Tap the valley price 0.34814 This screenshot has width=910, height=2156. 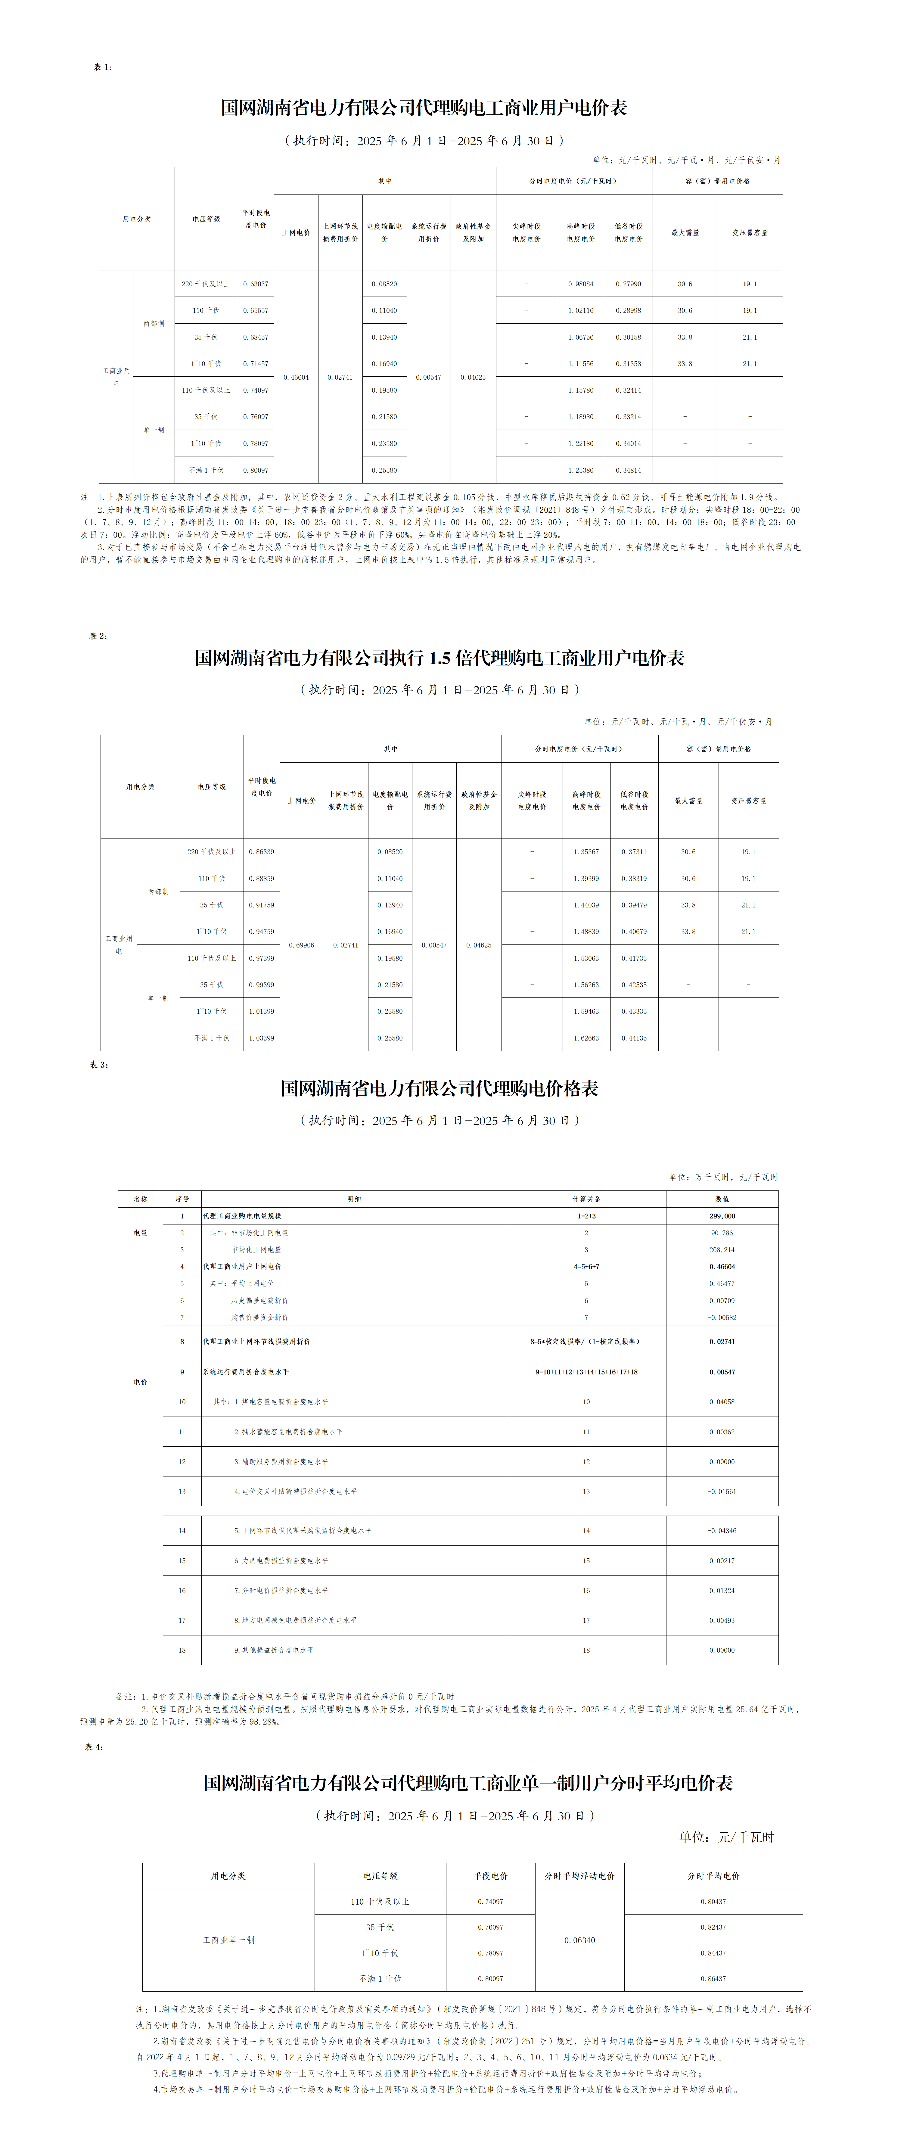628,470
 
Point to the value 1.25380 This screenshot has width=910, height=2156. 580,470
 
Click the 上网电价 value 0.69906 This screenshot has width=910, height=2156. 301,945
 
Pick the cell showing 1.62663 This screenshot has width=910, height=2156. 586,1038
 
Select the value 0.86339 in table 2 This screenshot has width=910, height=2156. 261,852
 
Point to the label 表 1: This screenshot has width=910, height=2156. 102,67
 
